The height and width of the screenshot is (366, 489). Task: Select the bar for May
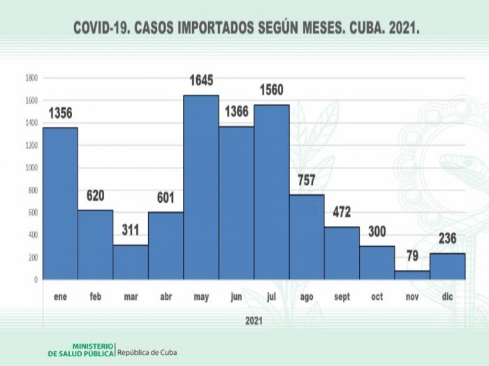tap(201, 188)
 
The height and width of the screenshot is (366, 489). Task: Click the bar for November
tap(412, 275)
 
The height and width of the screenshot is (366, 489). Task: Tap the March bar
tap(131, 262)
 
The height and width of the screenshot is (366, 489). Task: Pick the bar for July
tap(272, 192)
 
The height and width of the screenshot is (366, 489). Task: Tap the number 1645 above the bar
tap(201, 82)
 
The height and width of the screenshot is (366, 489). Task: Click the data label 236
tap(447, 239)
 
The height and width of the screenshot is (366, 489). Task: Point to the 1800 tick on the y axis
tap(31, 77)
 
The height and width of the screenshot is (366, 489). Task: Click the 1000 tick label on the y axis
tap(31, 167)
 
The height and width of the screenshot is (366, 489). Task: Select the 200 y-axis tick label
tap(32, 257)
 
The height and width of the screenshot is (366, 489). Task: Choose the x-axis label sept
tap(342, 297)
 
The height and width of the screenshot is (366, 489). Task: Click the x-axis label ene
tap(60, 297)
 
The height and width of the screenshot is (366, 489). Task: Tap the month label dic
tap(447, 297)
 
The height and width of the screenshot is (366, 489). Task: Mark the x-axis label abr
tap(166, 297)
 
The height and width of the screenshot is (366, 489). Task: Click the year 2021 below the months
tap(254, 321)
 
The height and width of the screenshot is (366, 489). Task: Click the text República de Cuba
tap(147, 352)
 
